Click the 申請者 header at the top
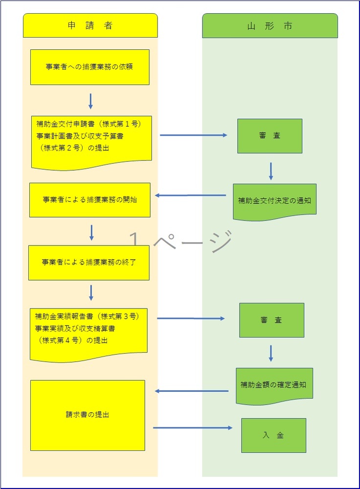(x=90, y=26)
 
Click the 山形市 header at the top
(x=270, y=26)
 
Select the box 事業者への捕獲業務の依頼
(x=90, y=67)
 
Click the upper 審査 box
(x=270, y=136)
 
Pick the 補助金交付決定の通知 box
(x=274, y=200)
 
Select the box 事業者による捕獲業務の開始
(x=90, y=200)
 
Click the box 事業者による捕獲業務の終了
(x=89, y=263)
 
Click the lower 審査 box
(x=271, y=320)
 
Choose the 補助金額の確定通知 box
(x=274, y=385)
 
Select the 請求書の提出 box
(x=88, y=415)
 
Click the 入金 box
(x=273, y=435)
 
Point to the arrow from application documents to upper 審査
(x=194, y=135)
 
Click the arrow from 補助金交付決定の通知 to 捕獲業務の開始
(x=191, y=196)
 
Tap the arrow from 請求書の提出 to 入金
(x=193, y=428)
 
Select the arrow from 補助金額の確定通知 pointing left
(x=192, y=391)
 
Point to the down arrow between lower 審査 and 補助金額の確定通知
(x=270, y=353)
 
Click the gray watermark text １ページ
(x=180, y=241)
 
